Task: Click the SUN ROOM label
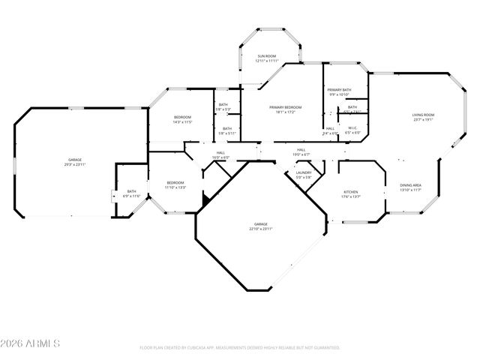tap(267, 56)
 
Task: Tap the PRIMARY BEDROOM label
tap(286, 107)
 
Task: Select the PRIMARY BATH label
tap(340, 90)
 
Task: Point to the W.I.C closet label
tap(353, 127)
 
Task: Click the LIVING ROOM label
tap(423, 115)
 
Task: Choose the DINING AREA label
tap(410, 185)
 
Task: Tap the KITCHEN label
tap(351, 191)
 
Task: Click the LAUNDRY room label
tap(304, 172)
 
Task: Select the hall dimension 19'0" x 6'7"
tap(300, 154)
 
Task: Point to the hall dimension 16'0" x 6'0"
tap(220, 157)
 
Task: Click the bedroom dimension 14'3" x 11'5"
tap(183, 121)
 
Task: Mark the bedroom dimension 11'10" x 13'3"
tap(175, 187)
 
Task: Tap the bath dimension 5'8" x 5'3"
tap(223, 109)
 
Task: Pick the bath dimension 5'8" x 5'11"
tap(227, 133)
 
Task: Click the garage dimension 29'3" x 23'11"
tap(75, 164)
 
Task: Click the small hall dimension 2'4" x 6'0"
tap(330, 133)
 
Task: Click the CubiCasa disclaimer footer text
tap(240, 348)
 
